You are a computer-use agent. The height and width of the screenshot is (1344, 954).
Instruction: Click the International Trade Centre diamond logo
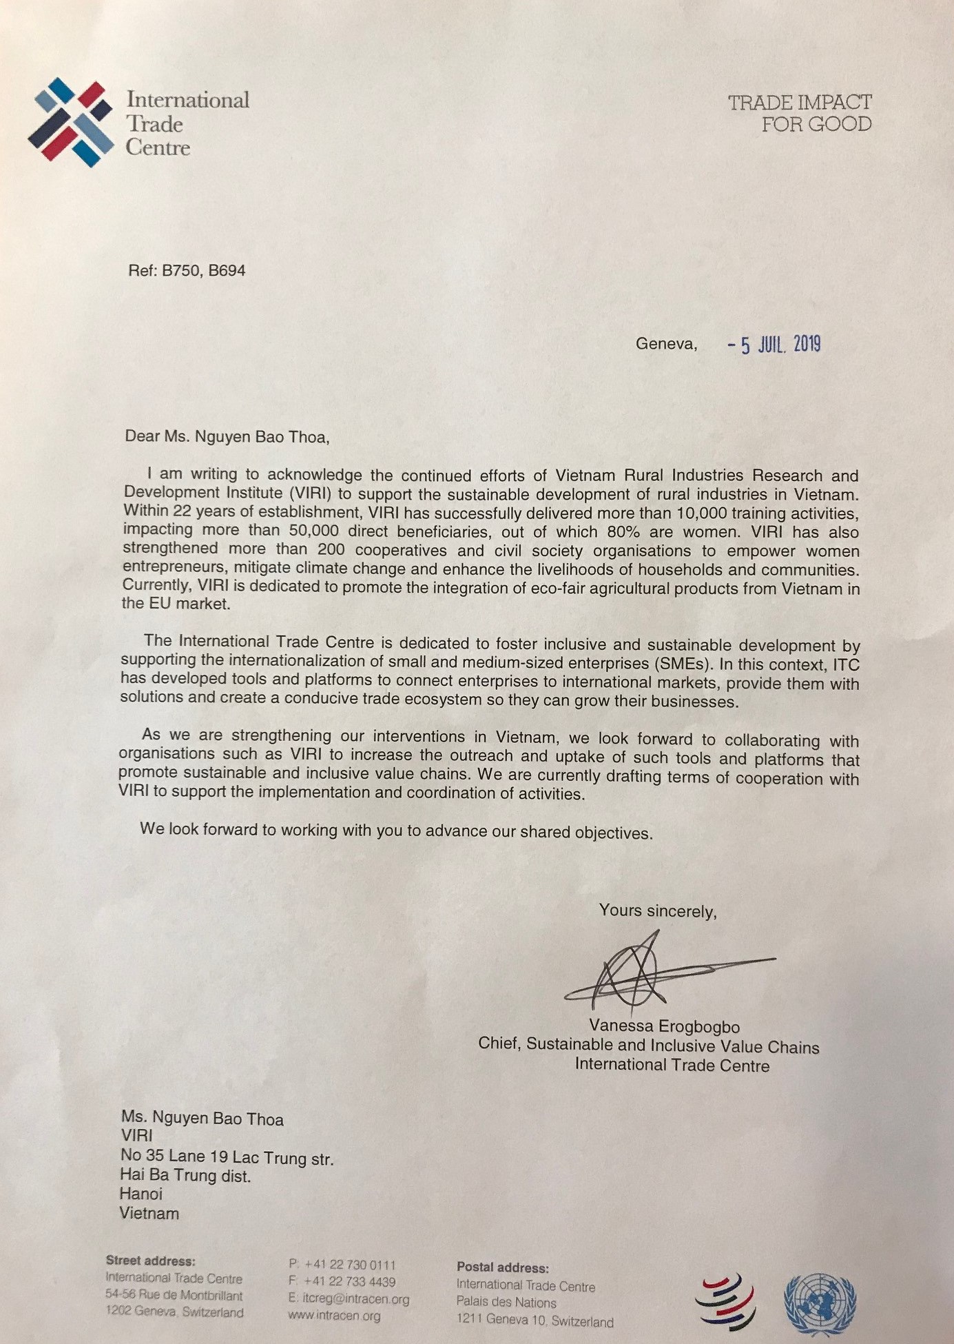point(71,123)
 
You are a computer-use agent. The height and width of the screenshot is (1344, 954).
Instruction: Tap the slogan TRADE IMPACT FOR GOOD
point(800,114)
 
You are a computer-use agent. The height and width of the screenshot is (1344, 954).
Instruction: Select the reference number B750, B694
point(203,270)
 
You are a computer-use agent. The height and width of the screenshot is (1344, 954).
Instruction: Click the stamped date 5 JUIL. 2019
point(775,344)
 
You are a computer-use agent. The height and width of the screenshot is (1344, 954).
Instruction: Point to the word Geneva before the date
point(665,343)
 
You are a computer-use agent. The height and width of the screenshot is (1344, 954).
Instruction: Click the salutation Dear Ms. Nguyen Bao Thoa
point(227,436)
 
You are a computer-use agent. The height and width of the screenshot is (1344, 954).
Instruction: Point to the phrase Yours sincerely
point(657,910)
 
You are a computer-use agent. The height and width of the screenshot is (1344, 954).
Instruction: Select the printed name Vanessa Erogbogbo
point(664,1026)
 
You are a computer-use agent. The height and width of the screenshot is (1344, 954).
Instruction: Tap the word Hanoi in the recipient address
point(141,1193)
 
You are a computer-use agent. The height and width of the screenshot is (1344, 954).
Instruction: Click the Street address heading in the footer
point(150,1261)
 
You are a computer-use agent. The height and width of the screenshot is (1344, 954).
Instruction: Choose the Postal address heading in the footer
point(502,1267)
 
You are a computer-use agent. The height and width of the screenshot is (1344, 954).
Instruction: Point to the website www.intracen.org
point(334,1316)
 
